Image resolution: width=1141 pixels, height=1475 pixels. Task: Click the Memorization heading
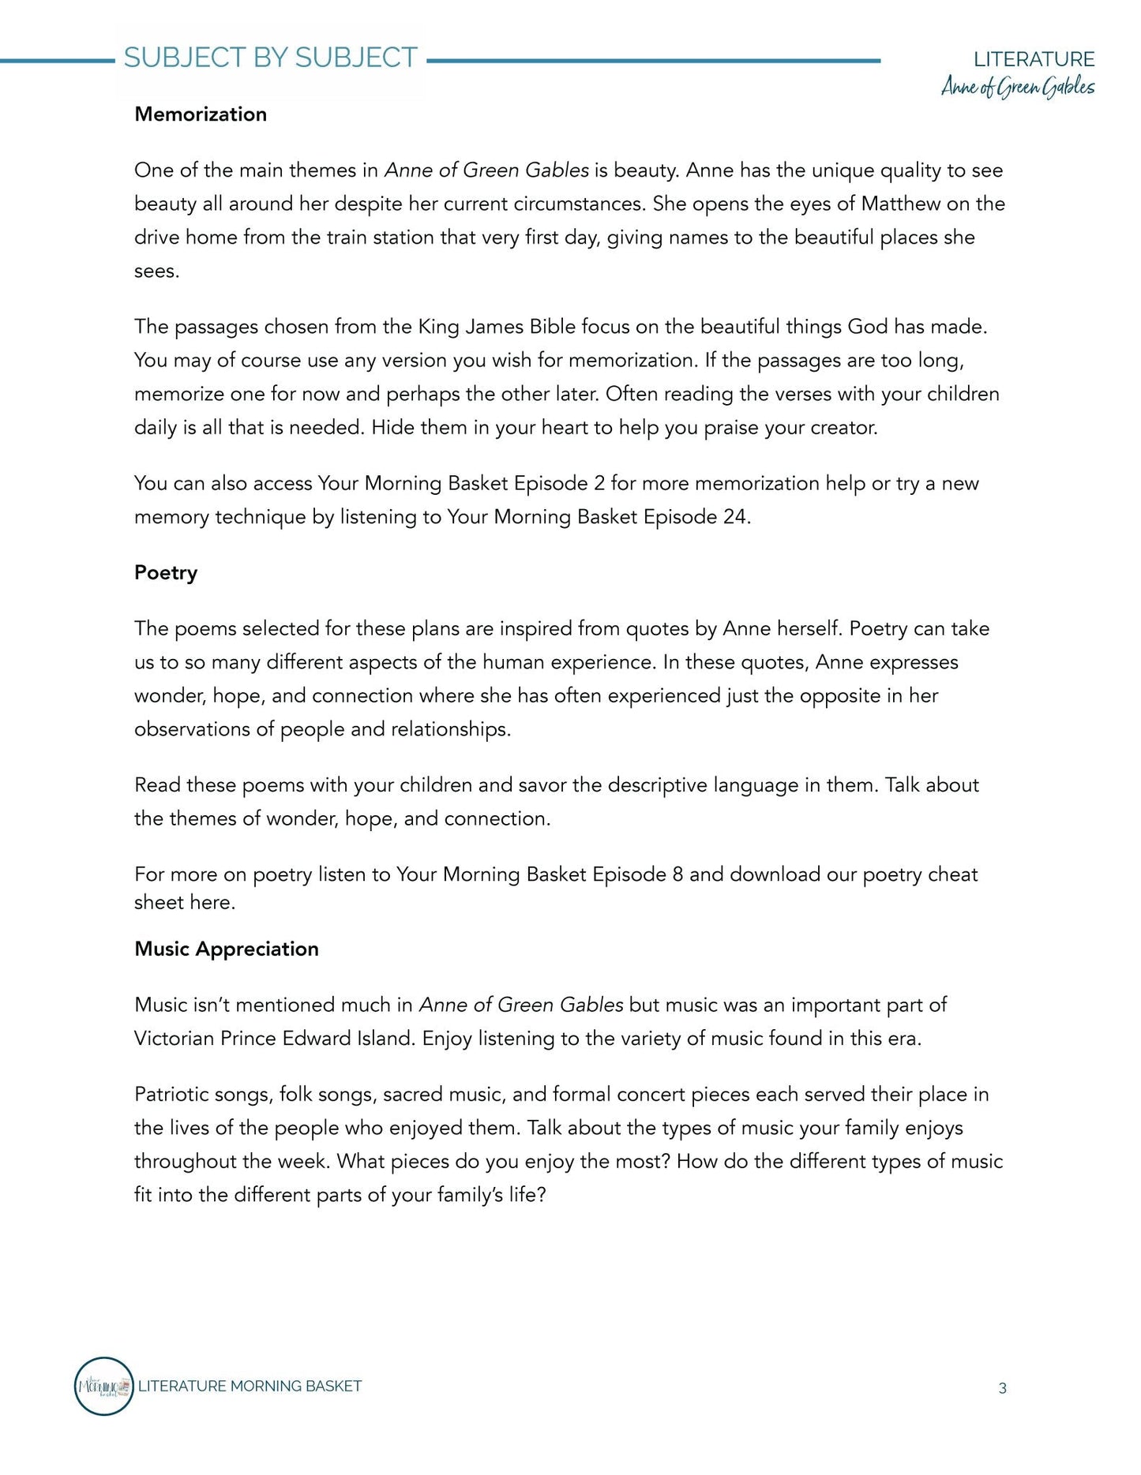point(201,114)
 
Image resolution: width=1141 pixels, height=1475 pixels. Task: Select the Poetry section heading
point(166,573)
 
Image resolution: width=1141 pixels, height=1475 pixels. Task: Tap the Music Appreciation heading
point(227,949)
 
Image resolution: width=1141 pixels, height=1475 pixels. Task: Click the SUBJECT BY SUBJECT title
point(270,58)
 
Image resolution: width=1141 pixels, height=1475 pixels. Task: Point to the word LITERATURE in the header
point(1034,59)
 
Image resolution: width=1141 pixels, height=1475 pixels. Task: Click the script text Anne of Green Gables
point(1017,87)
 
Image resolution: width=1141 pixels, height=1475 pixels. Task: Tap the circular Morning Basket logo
point(103,1386)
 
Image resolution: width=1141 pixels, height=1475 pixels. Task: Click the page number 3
point(1002,1388)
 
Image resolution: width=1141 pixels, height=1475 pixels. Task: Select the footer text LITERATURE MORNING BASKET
point(250,1386)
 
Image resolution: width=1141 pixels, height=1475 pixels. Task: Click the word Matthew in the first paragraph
point(901,204)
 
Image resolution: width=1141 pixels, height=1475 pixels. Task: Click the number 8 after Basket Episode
point(677,874)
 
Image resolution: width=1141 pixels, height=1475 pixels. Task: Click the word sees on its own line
point(155,271)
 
